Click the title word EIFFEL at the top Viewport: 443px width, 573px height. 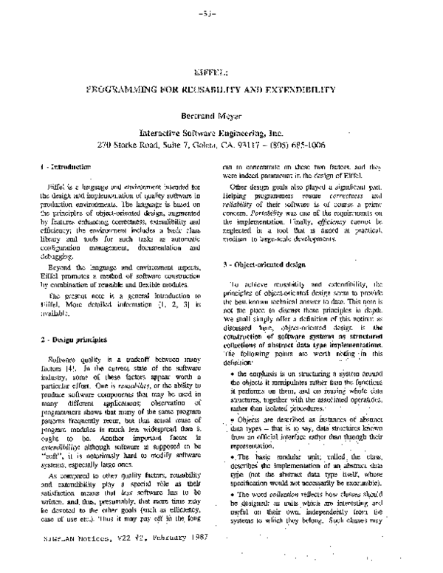(x=221, y=72)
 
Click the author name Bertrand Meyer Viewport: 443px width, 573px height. (x=220, y=116)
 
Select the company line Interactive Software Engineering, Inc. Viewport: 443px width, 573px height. (x=221, y=132)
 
